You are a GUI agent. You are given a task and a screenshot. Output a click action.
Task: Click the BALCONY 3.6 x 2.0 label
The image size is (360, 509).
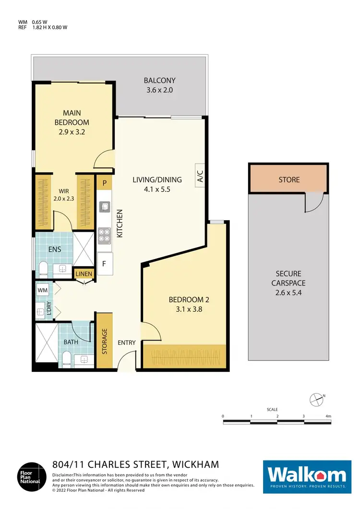coord(160,85)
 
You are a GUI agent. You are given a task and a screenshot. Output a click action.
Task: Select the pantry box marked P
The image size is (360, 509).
coord(105,183)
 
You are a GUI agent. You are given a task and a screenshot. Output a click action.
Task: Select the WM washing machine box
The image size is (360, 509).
coord(42,290)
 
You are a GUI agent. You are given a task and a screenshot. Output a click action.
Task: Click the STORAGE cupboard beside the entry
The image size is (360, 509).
coord(104,341)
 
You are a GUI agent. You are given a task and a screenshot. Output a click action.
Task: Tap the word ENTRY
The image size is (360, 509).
coord(127,343)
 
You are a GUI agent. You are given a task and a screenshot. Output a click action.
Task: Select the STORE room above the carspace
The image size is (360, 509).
coord(289,179)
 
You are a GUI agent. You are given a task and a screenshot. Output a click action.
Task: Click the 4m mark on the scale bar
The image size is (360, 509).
coord(328,416)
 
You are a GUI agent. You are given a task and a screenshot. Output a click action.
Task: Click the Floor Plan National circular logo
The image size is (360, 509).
coord(32,476)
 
